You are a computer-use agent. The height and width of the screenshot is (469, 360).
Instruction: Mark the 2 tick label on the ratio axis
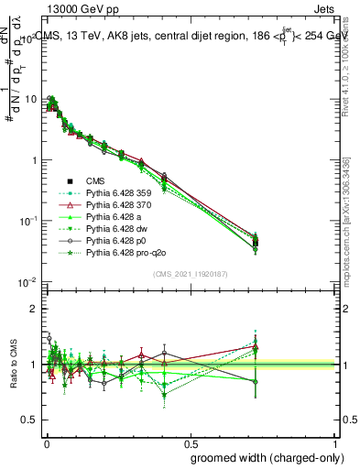tap(34, 309)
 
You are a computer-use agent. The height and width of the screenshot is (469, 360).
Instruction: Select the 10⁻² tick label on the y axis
tap(27, 282)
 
